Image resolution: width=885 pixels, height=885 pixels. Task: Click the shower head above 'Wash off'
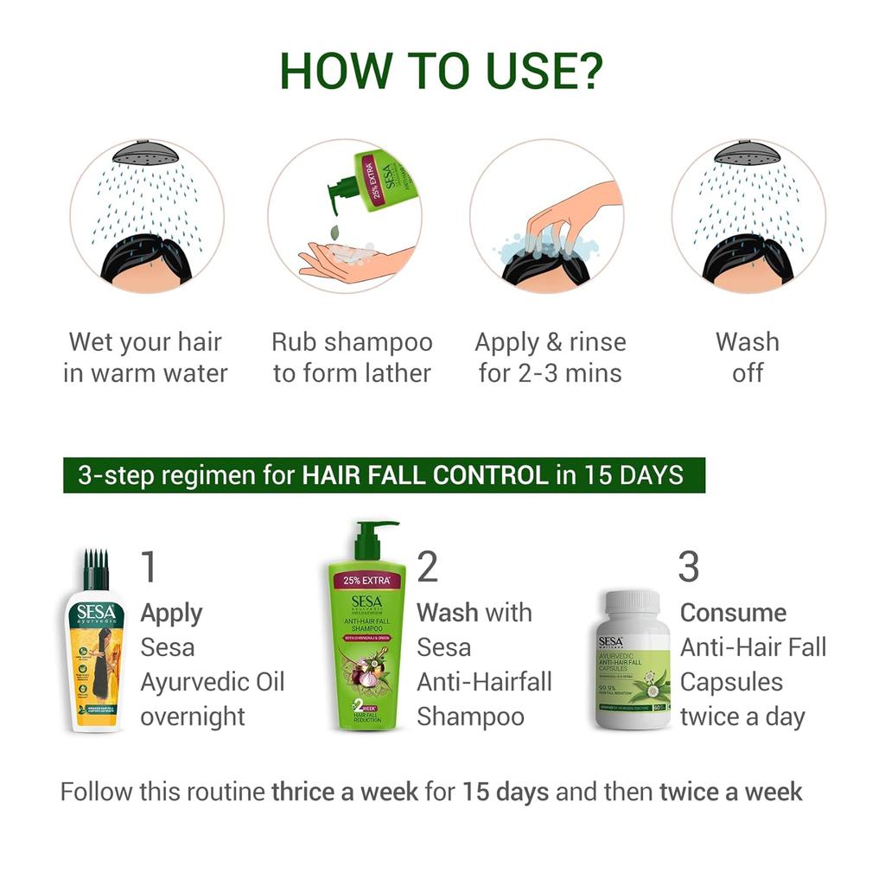(748, 153)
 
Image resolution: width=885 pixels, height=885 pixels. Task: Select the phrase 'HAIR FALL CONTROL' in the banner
(424, 475)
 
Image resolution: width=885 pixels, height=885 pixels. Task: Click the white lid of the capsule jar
(633, 604)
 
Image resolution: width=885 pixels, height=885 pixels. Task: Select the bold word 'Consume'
(733, 613)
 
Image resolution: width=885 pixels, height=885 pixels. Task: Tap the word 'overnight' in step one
(194, 716)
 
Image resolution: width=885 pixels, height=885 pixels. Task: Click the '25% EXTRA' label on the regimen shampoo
(366, 580)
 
